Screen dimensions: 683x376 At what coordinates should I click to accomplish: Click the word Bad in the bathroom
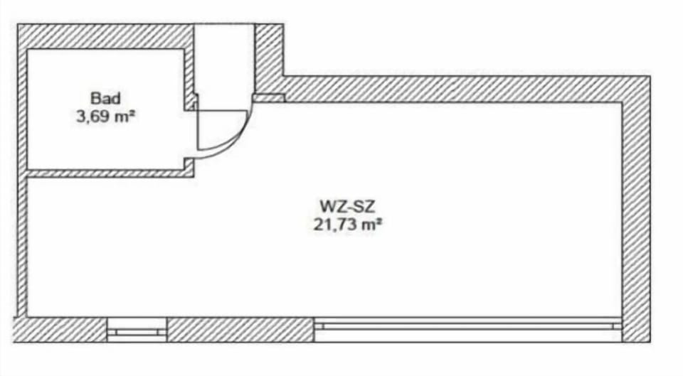[105, 98]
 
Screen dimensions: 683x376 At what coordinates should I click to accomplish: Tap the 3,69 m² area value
[105, 117]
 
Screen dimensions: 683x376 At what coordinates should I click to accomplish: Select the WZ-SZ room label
[348, 205]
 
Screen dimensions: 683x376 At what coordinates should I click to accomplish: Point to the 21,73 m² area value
[348, 225]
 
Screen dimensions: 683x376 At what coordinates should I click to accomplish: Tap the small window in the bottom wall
[137, 331]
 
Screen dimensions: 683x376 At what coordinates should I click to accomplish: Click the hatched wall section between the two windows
[240, 330]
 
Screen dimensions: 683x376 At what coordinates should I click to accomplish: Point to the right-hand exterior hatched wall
[636, 209]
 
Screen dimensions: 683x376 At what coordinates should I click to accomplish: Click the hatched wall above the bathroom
[105, 36]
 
